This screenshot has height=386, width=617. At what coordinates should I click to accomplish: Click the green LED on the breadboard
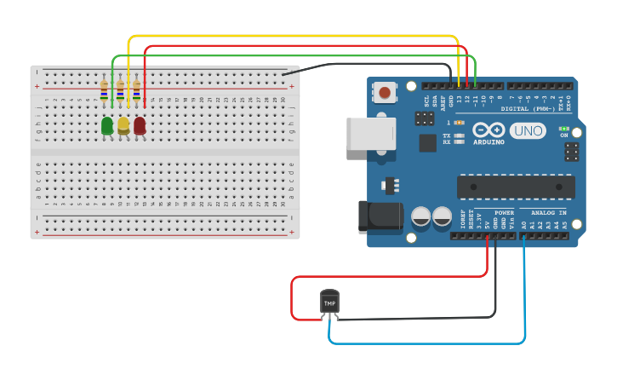(106, 126)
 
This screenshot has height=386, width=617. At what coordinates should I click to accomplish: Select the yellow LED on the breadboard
(123, 126)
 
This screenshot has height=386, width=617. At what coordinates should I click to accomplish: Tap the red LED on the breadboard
(140, 126)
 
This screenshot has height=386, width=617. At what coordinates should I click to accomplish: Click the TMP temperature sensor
(329, 302)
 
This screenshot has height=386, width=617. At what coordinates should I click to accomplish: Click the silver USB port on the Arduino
(370, 134)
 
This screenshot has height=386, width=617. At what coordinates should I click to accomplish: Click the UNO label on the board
(528, 130)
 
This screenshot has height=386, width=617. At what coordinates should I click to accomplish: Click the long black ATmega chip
(515, 187)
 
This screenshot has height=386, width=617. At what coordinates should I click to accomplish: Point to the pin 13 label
(460, 99)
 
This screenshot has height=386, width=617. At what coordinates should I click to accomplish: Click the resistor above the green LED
(104, 89)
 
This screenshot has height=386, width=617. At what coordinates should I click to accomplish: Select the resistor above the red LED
(136, 89)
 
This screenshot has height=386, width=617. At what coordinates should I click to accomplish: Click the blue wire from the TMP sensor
(426, 343)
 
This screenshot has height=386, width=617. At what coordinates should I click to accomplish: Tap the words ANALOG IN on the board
(548, 212)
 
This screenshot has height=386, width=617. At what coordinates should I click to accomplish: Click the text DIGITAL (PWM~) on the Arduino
(528, 109)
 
